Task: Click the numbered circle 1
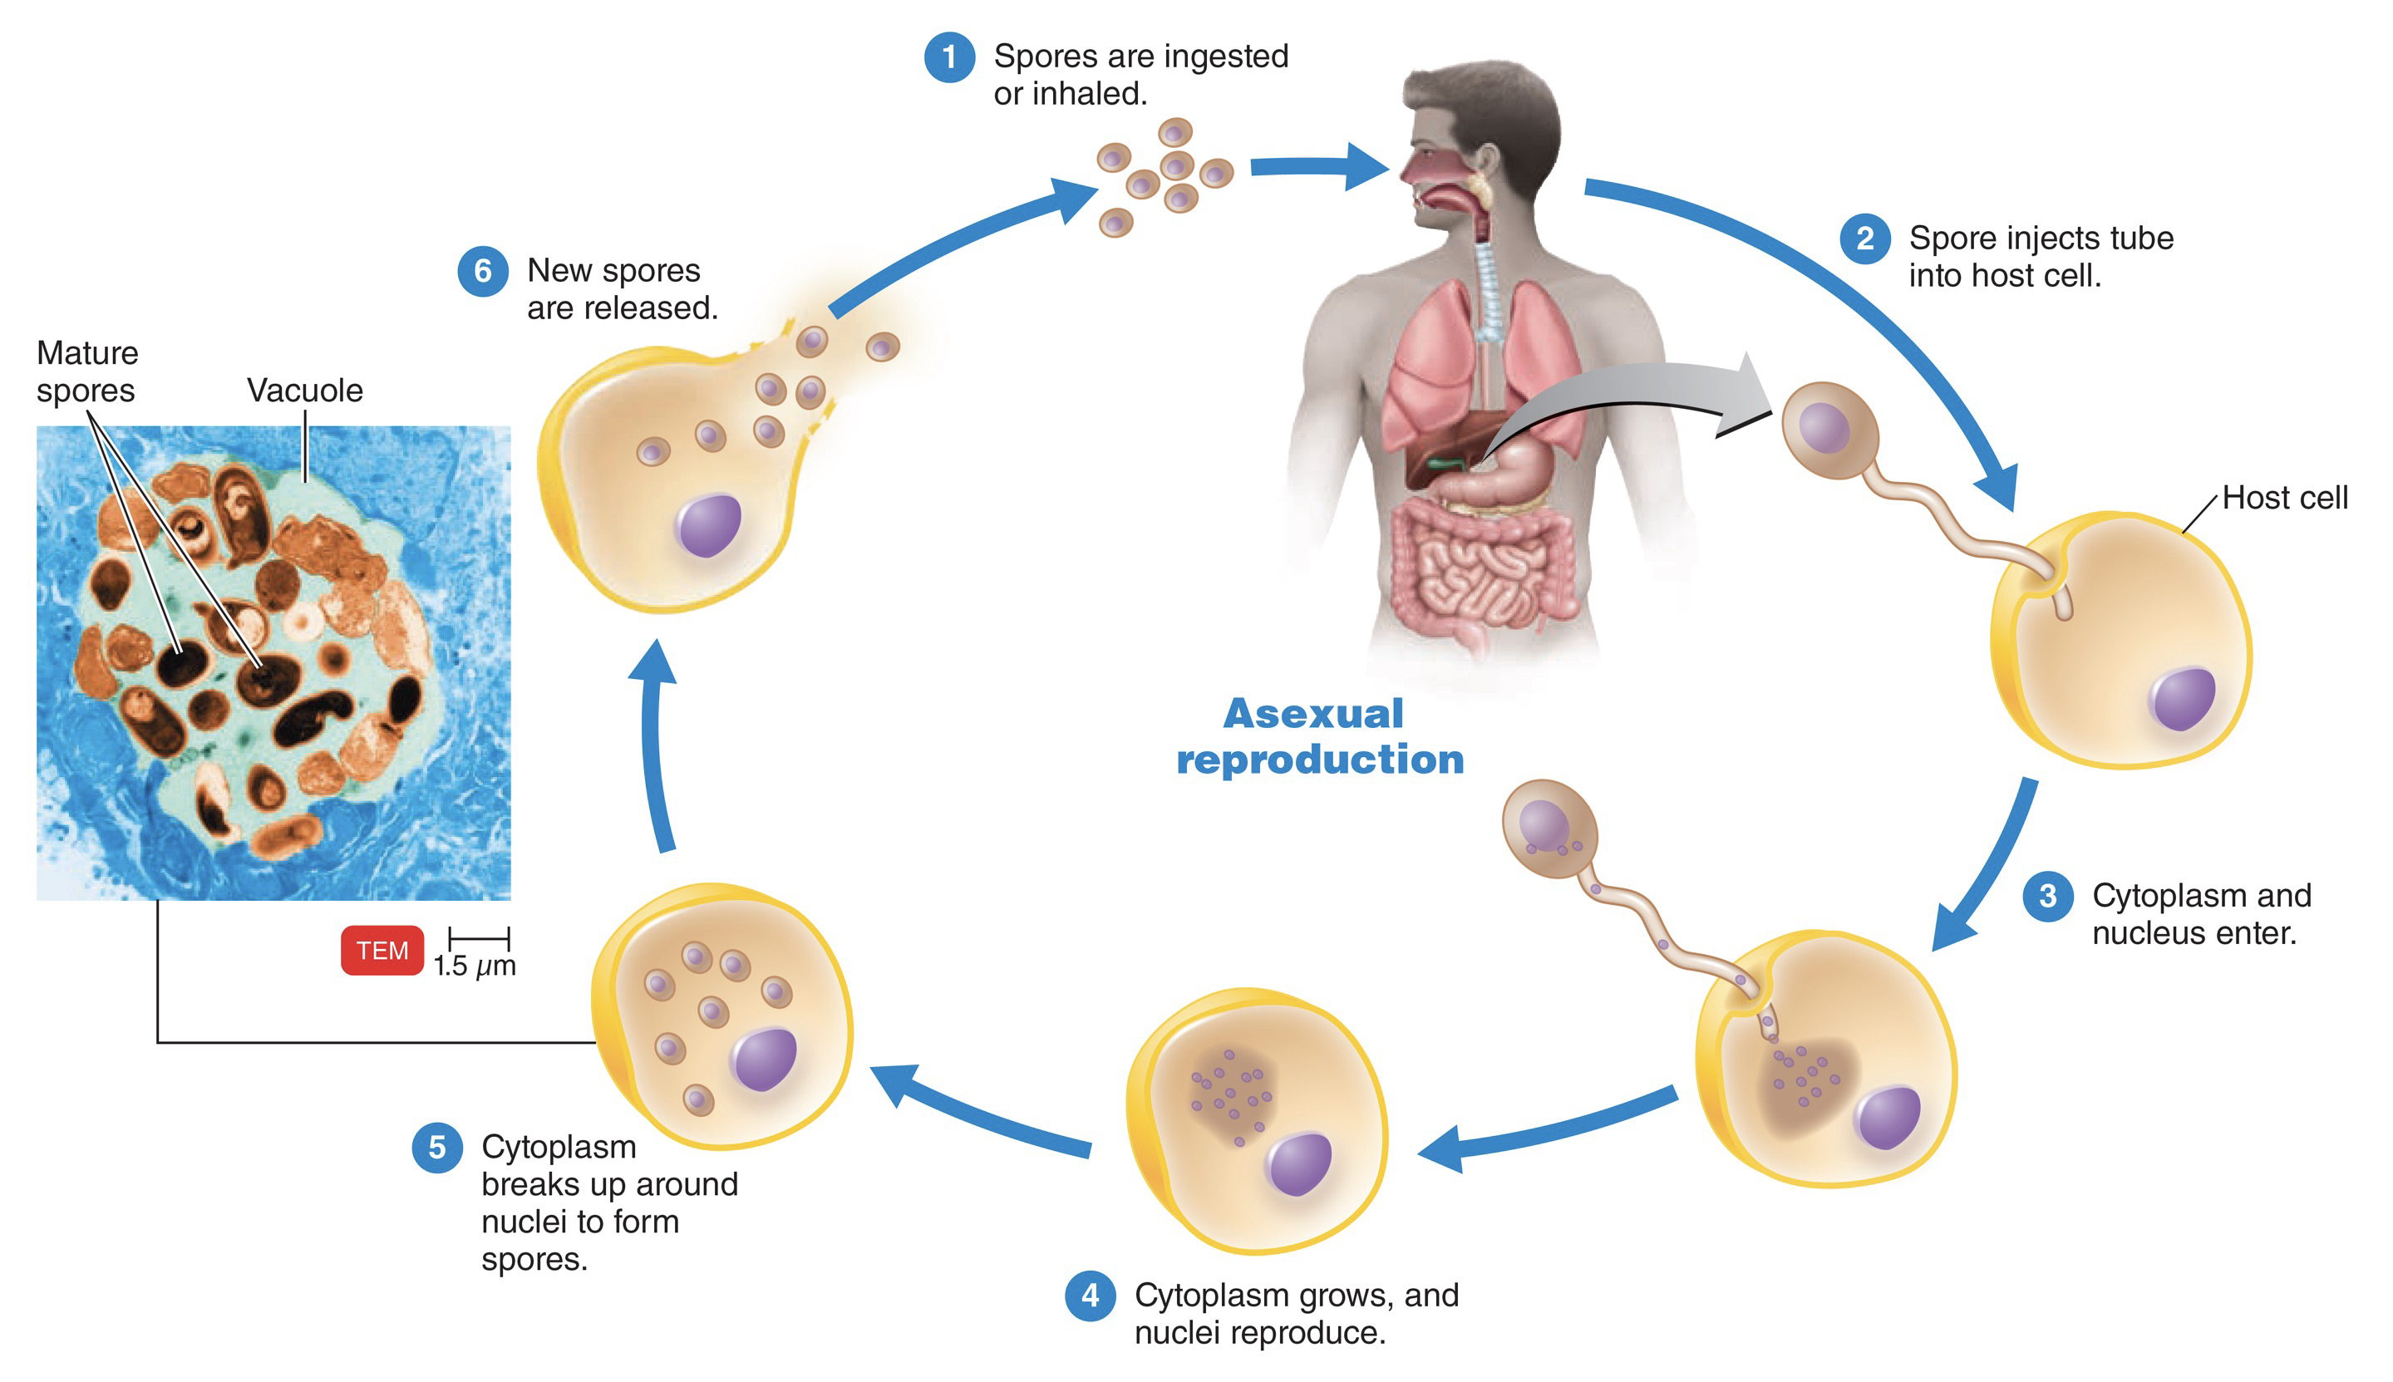(948, 57)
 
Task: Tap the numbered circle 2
(1864, 239)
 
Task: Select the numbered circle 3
(2047, 895)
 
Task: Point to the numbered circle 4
(1090, 1296)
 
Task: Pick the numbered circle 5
(436, 1148)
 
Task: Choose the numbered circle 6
(482, 272)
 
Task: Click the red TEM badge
(382, 950)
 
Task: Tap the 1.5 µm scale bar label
(475, 966)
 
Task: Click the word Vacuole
(305, 390)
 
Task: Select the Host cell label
(2284, 497)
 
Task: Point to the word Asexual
(1312, 714)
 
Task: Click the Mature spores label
(86, 371)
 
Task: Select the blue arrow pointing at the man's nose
(1319, 167)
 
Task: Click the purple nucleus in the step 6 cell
(708, 525)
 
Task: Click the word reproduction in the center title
(1319, 760)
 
